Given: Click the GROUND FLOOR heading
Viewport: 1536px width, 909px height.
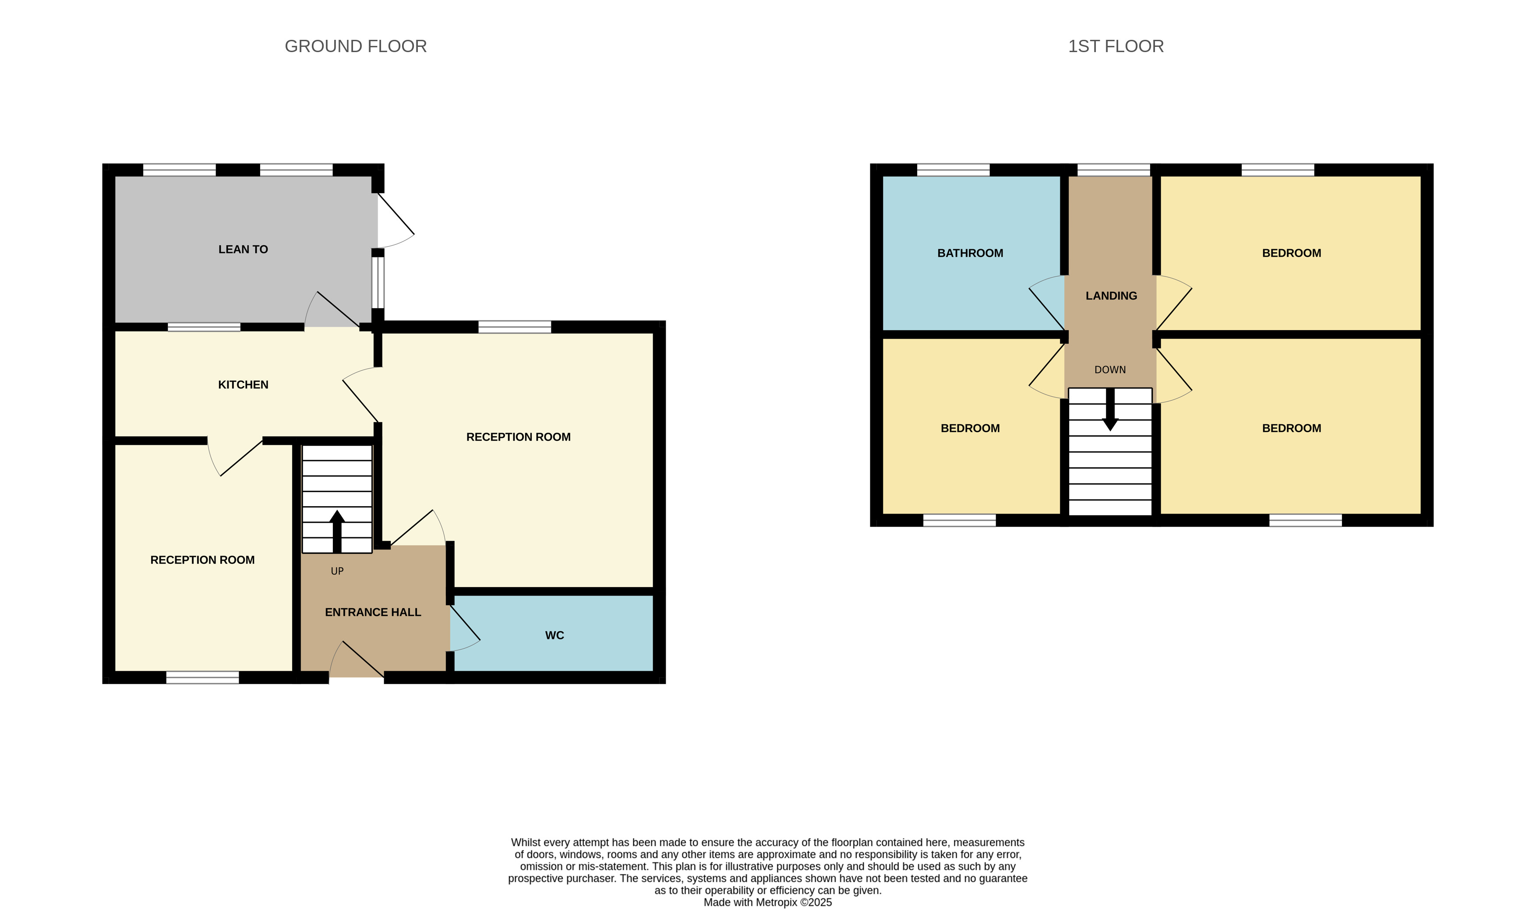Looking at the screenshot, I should coord(355,46).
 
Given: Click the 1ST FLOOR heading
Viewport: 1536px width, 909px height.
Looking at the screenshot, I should coord(1115,46).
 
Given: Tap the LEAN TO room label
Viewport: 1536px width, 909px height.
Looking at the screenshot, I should coord(243,249).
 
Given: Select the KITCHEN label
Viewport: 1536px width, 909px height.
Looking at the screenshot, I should coord(243,385).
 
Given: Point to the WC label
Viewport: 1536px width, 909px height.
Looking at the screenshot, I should coord(554,635).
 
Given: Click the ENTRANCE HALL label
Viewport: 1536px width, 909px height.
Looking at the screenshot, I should coord(373,612).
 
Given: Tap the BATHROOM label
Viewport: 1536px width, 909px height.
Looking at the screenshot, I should coord(970,253).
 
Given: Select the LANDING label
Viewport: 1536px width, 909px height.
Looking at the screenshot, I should coord(1111,296).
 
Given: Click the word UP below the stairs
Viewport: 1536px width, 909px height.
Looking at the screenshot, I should coord(337,571).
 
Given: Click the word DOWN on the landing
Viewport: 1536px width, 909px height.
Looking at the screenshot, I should coord(1109,370).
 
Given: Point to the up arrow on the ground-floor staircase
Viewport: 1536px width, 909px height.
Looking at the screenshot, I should coord(337,530).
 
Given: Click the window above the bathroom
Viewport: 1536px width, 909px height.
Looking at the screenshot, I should coord(953,170).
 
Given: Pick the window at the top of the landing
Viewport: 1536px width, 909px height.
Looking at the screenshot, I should coord(1113,170).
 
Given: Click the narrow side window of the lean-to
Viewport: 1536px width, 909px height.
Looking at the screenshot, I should coord(378,282).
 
